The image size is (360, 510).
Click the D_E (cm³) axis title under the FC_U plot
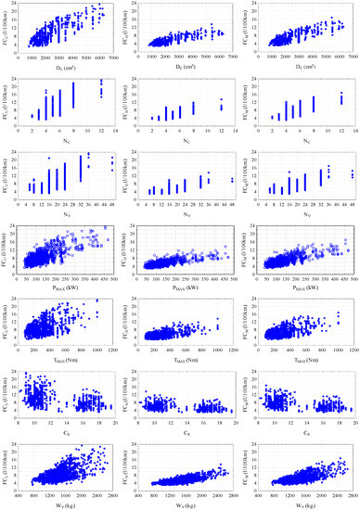(x=66, y=66)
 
